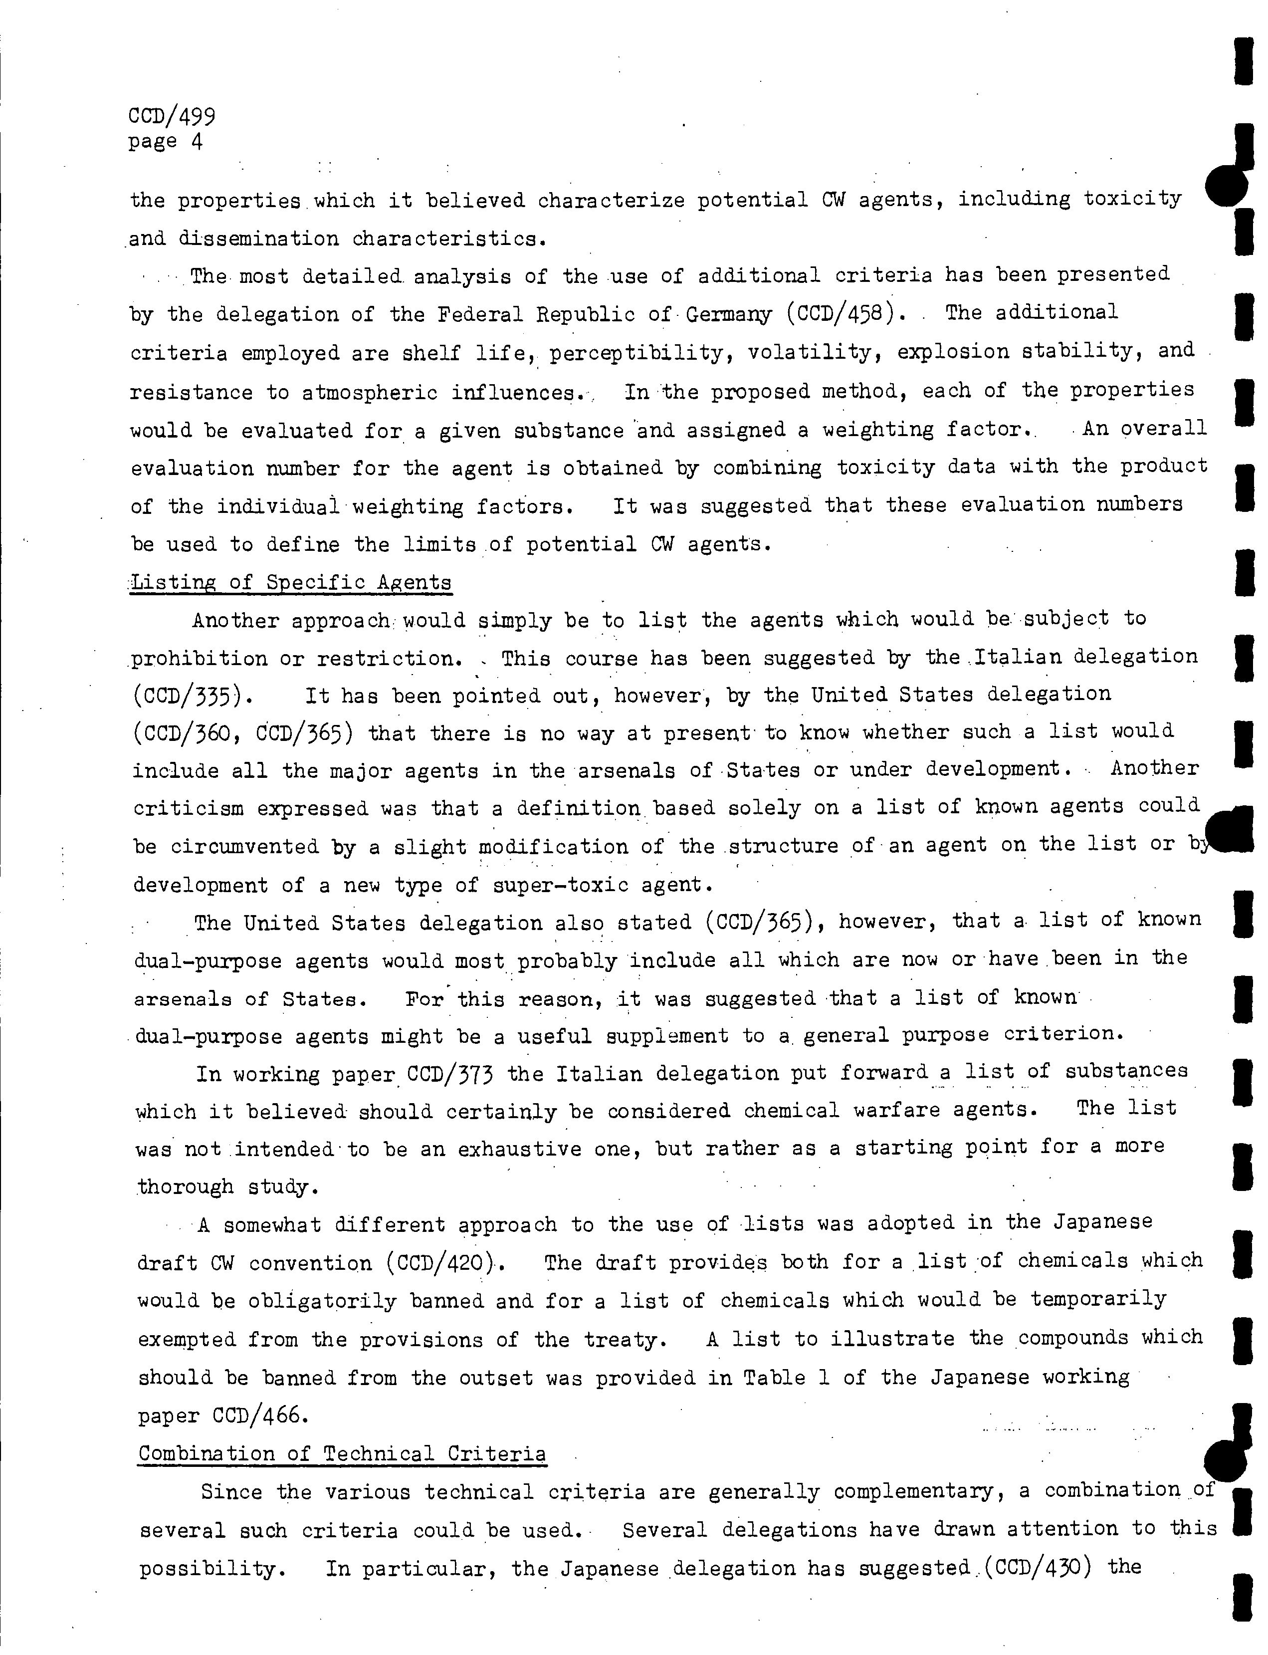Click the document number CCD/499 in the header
coord(172,116)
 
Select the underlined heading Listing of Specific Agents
coord(291,582)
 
